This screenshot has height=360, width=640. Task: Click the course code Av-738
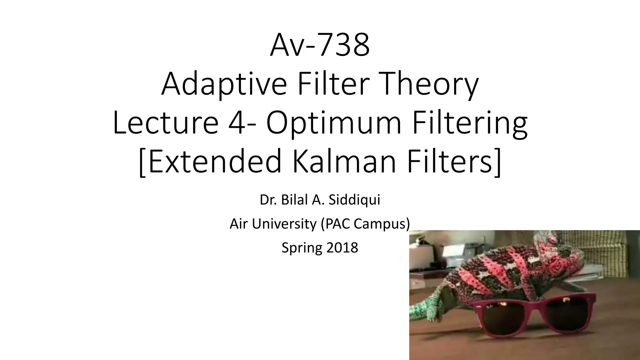320,46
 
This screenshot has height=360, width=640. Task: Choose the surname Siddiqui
354,200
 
